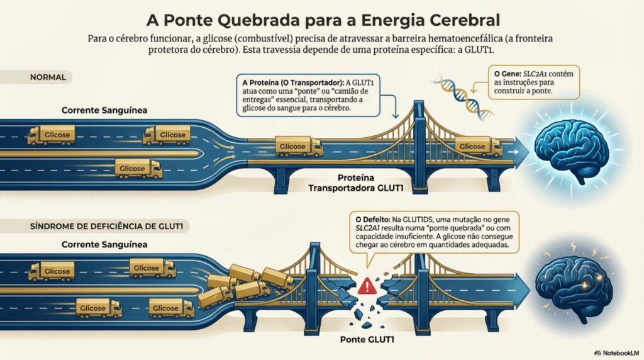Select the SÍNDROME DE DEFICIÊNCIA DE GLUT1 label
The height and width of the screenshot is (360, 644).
pos(101,225)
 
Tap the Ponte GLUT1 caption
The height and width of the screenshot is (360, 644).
pos(364,340)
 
